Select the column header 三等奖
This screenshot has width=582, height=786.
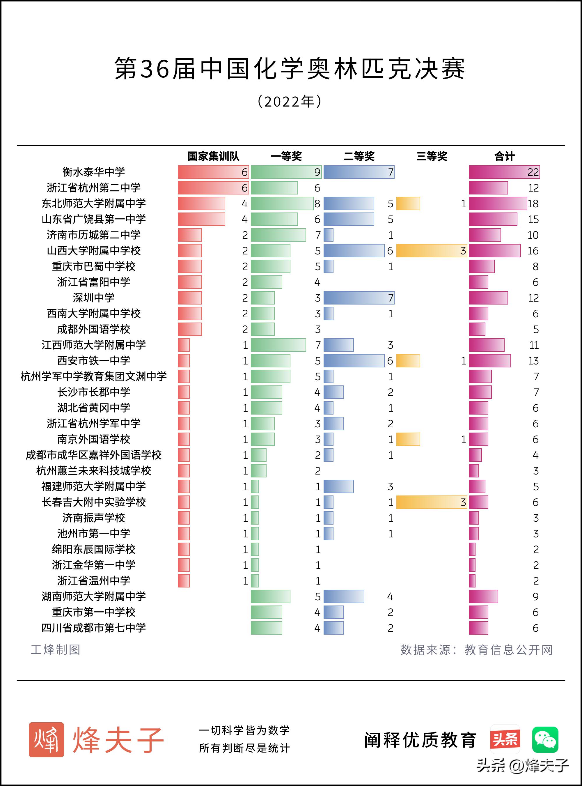click(x=432, y=156)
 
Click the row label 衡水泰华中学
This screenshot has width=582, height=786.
click(x=94, y=172)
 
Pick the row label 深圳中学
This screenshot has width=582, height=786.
click(x=94, y=298)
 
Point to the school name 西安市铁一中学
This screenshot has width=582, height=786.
click(x=94, y=361)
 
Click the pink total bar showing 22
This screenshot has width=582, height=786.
click(x=504, y=172)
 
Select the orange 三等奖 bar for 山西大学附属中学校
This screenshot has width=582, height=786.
click(x=431, y=251)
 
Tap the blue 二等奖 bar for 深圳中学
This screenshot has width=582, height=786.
click(x=359, y=298)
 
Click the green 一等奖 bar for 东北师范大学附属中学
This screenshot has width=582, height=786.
click(x=282, y=203)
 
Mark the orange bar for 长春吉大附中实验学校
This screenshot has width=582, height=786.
click(x=431, y=502)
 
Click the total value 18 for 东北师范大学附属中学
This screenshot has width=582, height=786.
click(x=533, y=204)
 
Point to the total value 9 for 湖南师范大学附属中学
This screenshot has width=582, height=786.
click(x=535, y=597)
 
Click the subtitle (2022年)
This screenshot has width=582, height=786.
click(x=290, y=102)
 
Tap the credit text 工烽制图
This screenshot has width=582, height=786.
click(x=56, y=649)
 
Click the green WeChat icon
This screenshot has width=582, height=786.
click(x=545, y=739)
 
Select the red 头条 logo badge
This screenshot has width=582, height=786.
click(x=505, y=739)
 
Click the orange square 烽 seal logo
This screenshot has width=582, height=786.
click(x=47, y=739)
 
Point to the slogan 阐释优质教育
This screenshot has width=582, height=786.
click(x=420, y=740)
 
